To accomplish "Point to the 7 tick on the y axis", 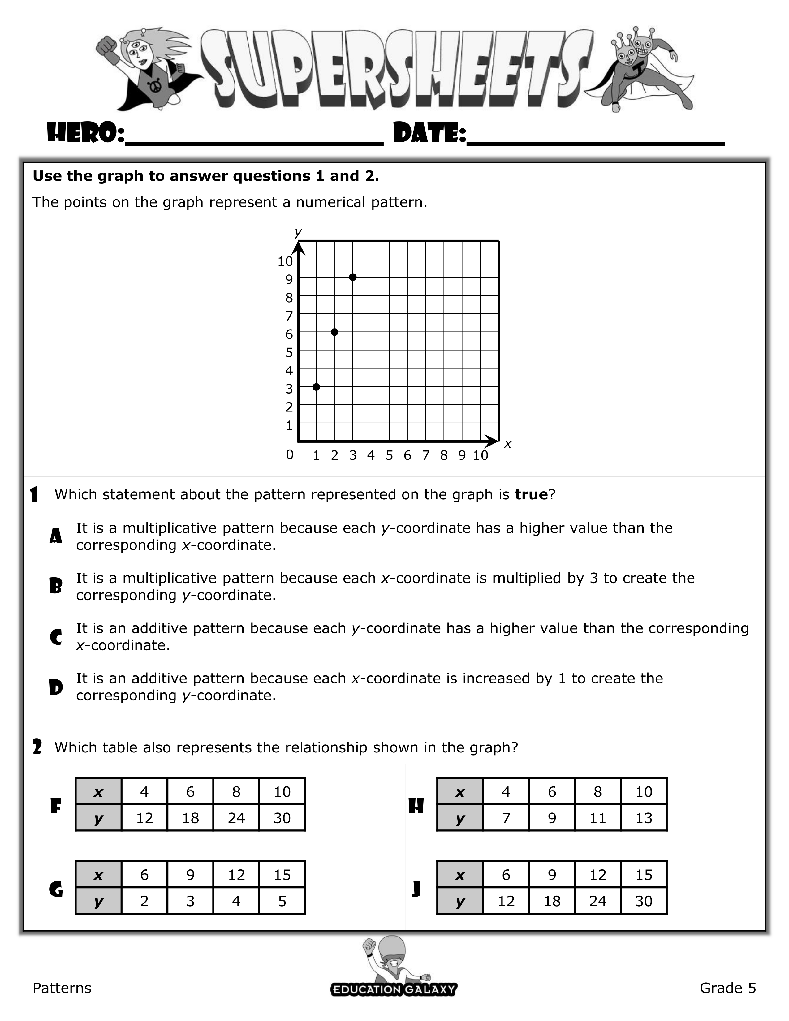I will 289,316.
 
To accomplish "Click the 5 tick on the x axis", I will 389,455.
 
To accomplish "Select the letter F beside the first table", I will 56,805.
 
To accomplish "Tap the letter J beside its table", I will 416,889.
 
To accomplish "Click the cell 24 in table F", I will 236,818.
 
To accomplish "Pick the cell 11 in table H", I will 597,818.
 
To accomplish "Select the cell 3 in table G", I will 190,901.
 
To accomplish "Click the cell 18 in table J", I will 552,901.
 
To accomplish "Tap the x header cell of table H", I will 460,792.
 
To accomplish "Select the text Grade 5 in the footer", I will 727,988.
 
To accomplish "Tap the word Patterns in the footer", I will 62,988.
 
